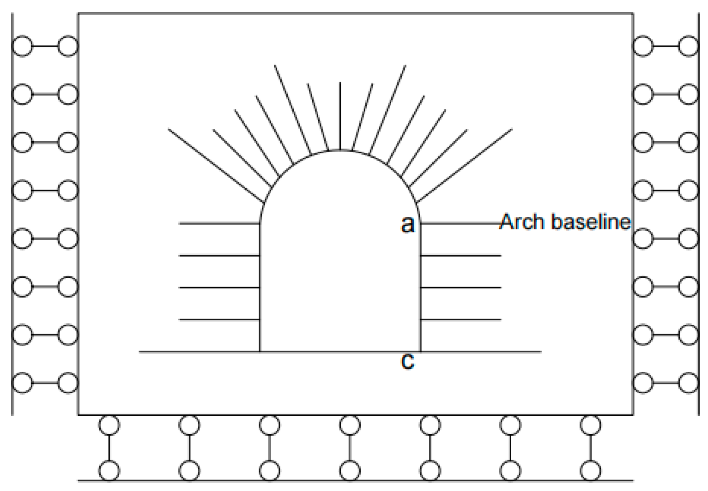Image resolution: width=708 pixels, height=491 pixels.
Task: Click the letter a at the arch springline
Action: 407,225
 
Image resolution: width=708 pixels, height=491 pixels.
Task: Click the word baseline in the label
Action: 592,222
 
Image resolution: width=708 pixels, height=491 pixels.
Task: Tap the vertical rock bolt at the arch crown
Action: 340,115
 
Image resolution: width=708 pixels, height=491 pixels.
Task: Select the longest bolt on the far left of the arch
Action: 216,166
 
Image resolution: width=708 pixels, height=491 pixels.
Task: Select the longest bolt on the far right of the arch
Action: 465,166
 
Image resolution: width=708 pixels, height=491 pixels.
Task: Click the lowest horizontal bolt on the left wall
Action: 219,319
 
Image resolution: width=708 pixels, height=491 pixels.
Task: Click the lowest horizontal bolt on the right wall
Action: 460,319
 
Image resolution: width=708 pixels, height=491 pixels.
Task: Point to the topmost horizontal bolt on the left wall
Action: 219,223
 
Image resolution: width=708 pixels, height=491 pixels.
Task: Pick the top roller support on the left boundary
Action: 45,47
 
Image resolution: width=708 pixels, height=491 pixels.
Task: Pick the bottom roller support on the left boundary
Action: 45,383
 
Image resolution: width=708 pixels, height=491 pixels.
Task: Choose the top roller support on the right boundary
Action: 666,47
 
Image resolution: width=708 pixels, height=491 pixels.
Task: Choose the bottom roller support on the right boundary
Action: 666,383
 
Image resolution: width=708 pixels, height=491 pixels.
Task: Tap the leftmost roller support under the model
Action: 109,448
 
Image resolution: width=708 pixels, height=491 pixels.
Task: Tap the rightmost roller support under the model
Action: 590,448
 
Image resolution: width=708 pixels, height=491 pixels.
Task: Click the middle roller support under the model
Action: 350,448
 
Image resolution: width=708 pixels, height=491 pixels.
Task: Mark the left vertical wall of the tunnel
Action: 260,286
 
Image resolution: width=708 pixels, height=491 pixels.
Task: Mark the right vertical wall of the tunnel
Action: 420,286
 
